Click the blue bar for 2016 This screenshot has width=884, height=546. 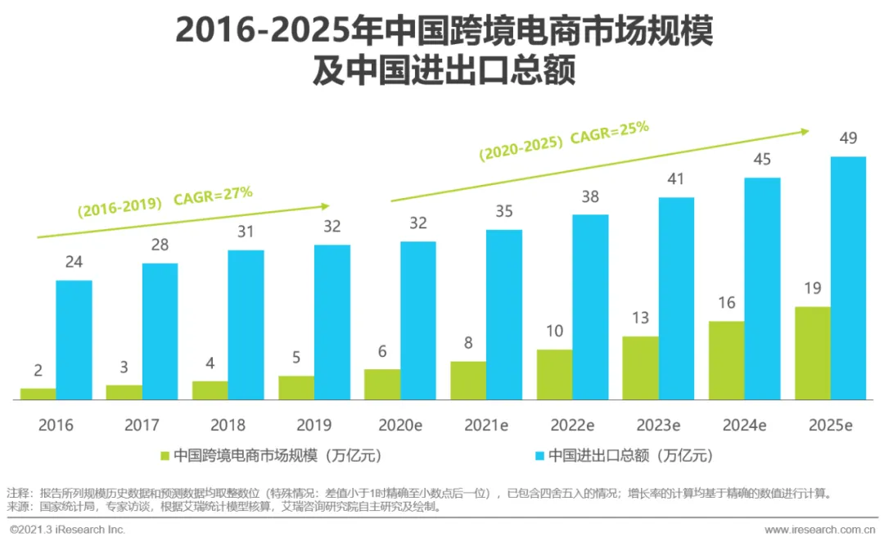click(x=74, y=340)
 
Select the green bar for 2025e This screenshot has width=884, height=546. click(x=813, y=353)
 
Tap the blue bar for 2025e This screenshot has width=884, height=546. click(x=848, y=278)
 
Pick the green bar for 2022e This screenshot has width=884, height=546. click(x=554, y=374)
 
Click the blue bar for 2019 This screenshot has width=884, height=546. click(x=332, y=322)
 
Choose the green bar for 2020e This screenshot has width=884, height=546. click(x=382, y=384)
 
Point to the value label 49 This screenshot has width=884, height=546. click(x=848, y=138)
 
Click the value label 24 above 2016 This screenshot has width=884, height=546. click(x=74, y=263)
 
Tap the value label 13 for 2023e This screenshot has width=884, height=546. click(x=640, y=318)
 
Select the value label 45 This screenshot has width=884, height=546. click(x=762, y=160)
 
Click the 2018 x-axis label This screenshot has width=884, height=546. click(x=228, y=425)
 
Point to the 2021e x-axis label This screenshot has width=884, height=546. click(x=486, y=425)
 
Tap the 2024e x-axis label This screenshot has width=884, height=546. click(x=744, y=425)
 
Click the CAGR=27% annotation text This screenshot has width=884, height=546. click(x=213, y=197)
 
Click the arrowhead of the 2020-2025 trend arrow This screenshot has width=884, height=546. click(x=805, y=130)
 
